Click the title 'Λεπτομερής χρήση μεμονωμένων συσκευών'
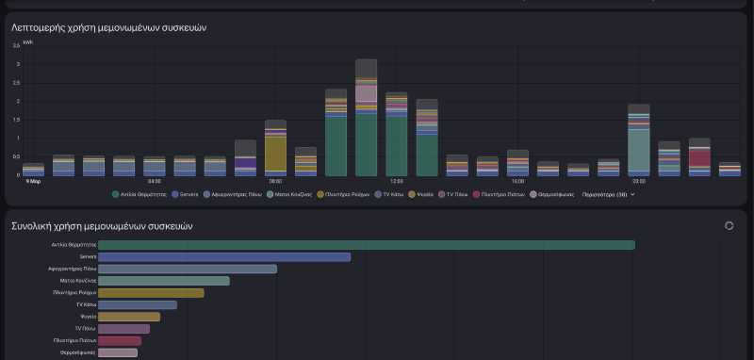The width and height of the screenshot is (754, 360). click(x=108, y=28)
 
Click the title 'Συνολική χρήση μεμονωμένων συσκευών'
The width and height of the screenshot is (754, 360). click(x=101, y=226)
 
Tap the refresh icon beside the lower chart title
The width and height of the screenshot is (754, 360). click(x=729, y=226)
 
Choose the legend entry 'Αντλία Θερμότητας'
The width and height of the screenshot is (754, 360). click(x=139, y=194)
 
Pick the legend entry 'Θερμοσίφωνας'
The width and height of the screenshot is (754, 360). click(x=553, y=194)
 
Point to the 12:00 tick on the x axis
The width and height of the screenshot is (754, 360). click(x=396, y=181)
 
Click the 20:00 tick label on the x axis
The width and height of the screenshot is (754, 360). click(x=638, y=181)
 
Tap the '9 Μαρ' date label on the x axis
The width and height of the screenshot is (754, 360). click(x=33, y=181)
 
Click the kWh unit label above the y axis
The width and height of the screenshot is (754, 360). click(x=27, y=41)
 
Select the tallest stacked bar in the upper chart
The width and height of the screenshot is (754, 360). click(x=366, y=118)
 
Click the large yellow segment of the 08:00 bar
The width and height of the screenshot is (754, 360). click(x=275, y=153)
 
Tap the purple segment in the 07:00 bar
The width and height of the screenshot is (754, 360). click(x=245, y=164)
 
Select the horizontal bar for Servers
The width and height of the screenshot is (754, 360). click(x=224, y=256)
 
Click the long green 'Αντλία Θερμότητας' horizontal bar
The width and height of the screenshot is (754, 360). click(x=366, y=245)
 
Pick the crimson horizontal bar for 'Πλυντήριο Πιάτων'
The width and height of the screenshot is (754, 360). click(x=119, y=341)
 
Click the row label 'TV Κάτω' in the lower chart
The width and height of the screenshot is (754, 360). click(x=86, y=305)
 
